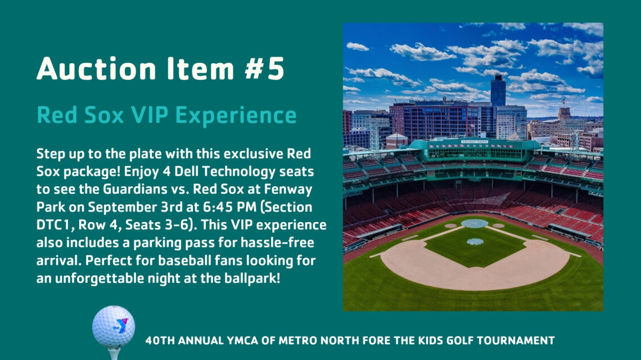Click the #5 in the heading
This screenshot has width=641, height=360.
coord(264,68)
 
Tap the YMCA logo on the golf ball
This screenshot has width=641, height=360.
coord(120,325)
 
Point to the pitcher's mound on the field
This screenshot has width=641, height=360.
coord(475,241)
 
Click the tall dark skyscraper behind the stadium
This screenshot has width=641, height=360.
coord(498,91)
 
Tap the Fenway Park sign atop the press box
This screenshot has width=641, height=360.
coord(475,142)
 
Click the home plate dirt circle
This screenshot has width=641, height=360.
coord(475,223)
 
